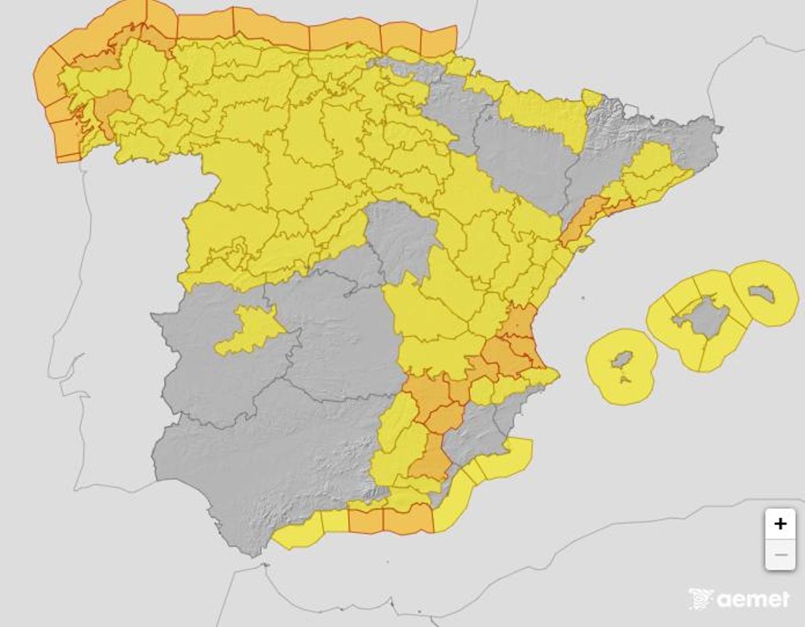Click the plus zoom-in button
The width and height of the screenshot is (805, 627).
pyautogui.click(x=780, y=524)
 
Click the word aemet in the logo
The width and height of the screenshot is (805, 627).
pyautogui.click(x=753, y=599)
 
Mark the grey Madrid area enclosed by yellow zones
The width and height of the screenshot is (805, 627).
pyautogui.click(x=400, y=238)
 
